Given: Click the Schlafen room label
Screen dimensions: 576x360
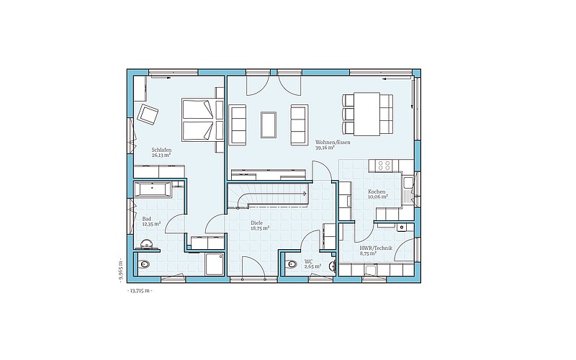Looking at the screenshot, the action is (x=161, y=150).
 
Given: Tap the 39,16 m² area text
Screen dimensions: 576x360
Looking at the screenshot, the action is (x=325, y=148).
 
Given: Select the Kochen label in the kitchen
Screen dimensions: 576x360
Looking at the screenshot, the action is (x=377, y=192).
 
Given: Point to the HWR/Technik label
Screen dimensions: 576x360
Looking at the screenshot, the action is (x=376, y=248).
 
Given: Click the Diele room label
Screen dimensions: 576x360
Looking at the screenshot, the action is (x=256, y=222).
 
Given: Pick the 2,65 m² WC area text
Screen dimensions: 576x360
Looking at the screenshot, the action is (x=313, y=266).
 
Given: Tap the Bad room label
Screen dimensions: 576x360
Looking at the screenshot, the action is (x=147, y=219).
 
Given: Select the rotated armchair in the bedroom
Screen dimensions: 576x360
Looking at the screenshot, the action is (x=148, y=114).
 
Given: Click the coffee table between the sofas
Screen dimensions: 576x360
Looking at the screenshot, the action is (x=269, y=125).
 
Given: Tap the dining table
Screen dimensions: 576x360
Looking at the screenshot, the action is (x=367, y=114).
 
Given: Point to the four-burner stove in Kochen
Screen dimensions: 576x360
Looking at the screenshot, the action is (x=384, y=166).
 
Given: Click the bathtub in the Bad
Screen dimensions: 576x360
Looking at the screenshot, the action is (x=153, y=189).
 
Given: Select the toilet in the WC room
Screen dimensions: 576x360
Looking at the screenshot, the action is (x=291, y=264).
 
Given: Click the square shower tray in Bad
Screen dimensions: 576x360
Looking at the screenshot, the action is (x=214, y=264).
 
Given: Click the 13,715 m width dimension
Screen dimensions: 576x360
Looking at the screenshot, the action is (x=139, y=291).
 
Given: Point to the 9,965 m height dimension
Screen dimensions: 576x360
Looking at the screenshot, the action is (x=121, y=270).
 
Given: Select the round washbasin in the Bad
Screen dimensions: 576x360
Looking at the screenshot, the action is (x=147, y=244).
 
